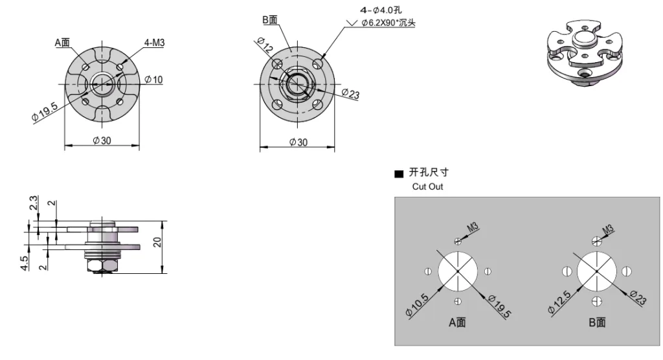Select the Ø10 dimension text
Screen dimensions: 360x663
154,80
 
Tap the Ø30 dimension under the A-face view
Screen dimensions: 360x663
102,141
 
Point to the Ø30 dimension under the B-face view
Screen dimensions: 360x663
298,142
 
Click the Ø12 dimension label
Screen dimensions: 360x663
264,46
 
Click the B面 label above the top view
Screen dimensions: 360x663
270,20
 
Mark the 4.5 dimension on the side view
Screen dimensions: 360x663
24,264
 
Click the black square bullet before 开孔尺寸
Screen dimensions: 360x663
399,174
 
